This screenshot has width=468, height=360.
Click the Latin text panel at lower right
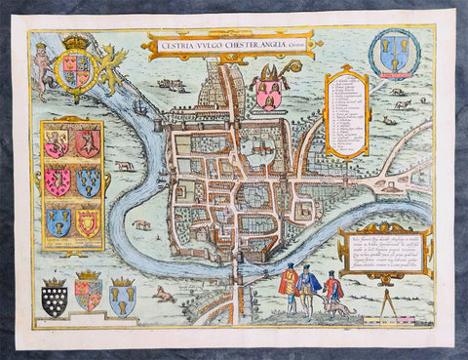pos(384,250)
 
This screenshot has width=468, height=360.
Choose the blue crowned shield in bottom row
pos(122,298)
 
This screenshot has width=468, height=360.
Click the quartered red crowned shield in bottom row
pos(89,293)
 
